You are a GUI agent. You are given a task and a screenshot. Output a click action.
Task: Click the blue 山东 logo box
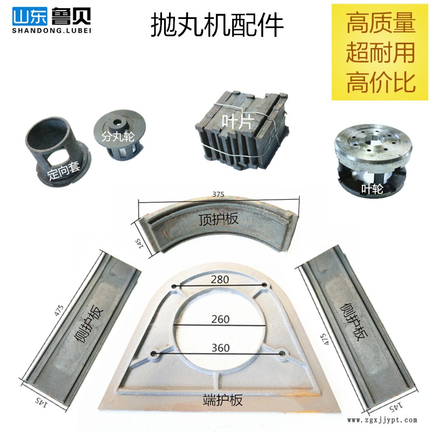coord(30,17)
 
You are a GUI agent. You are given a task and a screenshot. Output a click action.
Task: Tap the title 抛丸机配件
coord(217,25)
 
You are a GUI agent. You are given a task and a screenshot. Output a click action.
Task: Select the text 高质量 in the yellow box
coord(381,23)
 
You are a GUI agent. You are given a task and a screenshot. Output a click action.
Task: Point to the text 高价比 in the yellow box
coord(381,82)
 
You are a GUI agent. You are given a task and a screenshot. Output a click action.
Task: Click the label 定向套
coord(64,171)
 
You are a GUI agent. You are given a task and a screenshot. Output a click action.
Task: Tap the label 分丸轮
coord(118,137)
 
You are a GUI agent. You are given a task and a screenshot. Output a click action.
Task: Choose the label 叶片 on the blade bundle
coord(237,122)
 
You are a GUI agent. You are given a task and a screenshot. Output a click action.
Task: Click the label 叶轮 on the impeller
coord(372,189)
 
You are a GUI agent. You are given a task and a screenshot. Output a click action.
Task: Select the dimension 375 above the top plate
coord(218,194)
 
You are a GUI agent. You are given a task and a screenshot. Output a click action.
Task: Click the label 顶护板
coord(218,219)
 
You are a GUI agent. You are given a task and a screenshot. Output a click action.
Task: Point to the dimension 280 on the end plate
coord(220,279)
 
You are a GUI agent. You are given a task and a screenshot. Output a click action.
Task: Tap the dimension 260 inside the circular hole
coord(220,319)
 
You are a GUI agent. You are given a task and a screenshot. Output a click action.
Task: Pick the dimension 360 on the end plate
coord(220,348)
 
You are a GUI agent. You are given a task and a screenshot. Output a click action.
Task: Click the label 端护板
coord(222,400)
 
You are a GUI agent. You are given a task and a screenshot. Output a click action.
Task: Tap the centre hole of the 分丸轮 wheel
coord(119,122)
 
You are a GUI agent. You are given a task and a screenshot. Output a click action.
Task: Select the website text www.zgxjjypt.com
coord(382,420)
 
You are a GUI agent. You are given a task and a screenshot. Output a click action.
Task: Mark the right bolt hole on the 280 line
coord(265,285)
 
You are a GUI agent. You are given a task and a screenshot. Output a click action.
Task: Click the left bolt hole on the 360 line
coord(154,353)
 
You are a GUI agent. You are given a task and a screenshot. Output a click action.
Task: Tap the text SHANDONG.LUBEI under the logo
coord(51,31)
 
